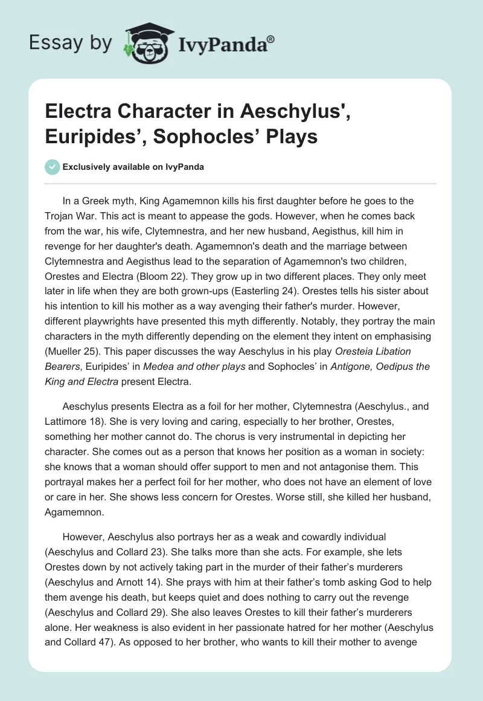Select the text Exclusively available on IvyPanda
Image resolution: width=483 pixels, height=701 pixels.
133,167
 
